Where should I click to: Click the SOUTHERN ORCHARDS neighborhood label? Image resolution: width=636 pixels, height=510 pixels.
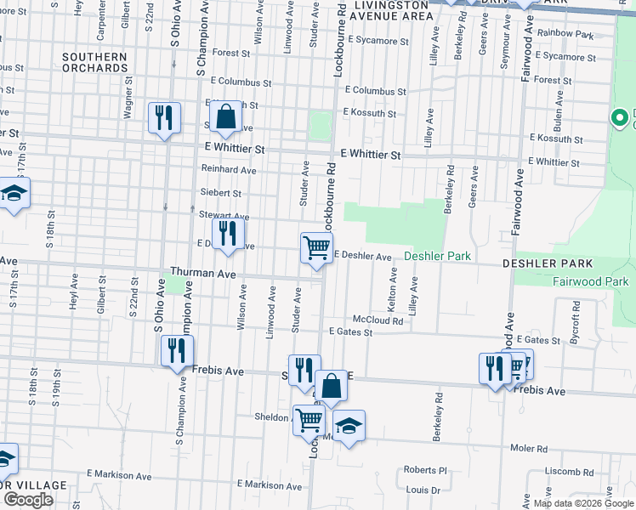point(94,62)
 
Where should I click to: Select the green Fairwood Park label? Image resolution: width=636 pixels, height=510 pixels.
point(590,281)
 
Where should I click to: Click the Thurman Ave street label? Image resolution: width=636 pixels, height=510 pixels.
point(202,273)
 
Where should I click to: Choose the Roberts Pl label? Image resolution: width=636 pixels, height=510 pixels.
point(424,470)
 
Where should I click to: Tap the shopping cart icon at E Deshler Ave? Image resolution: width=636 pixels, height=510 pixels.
point(316,248)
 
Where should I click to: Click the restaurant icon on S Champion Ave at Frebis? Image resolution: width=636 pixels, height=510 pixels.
point(177,350)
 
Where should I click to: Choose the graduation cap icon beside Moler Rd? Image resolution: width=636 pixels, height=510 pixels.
point(348,426)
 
